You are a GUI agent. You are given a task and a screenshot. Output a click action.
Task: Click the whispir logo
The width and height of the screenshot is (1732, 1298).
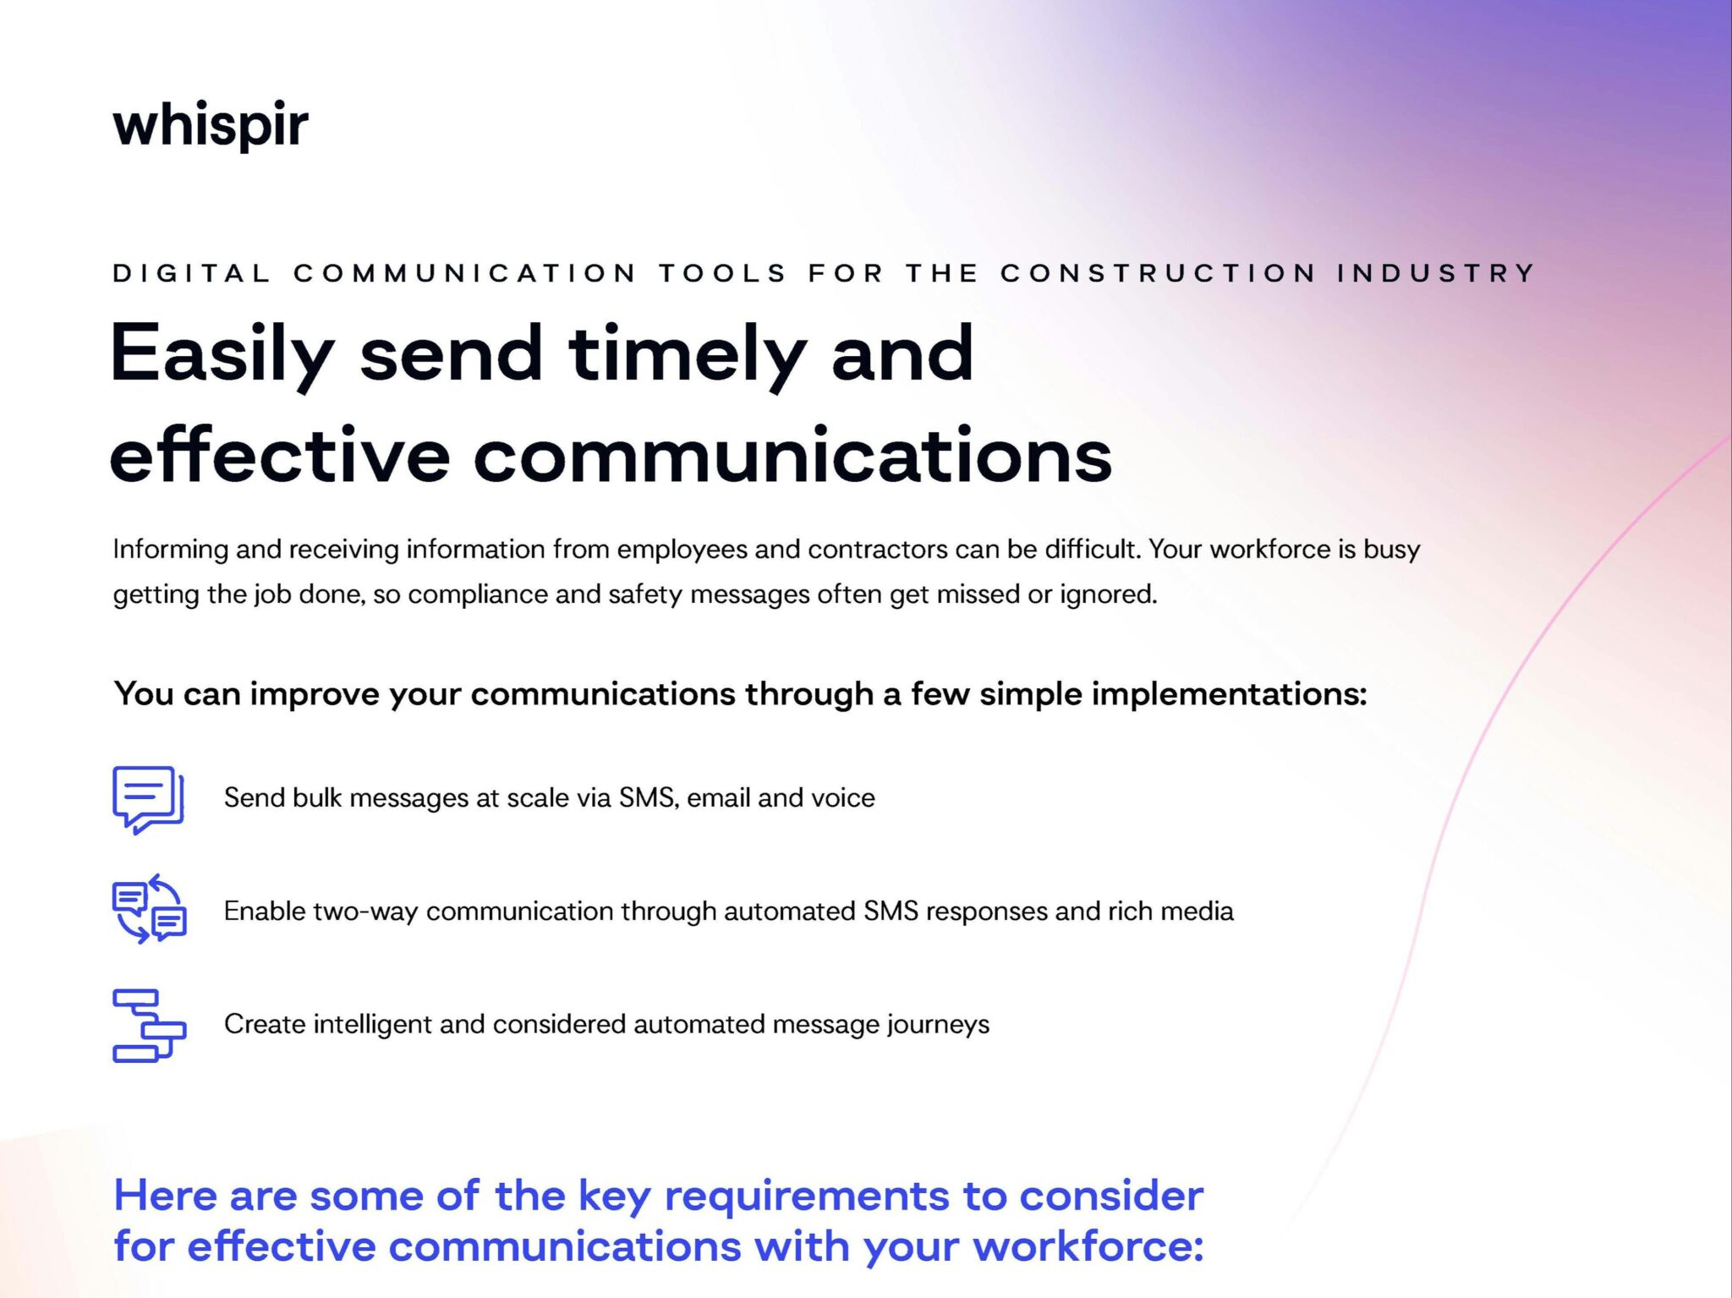coord(210,125)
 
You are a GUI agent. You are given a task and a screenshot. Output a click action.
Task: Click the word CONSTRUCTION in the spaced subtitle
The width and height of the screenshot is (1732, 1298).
coord(1158,273)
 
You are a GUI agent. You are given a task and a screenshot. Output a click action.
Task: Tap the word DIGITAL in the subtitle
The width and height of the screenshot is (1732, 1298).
coord(192,273)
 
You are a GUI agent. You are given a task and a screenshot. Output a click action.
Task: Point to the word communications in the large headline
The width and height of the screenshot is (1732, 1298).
coord(792,457)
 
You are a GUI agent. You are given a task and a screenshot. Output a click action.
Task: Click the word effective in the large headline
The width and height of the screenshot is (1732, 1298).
coord(279,457)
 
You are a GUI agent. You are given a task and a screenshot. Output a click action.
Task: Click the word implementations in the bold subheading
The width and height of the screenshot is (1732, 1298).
coord(1227,694)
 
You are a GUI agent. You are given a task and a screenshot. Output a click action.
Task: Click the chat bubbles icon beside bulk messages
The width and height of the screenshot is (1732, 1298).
coord(148,799)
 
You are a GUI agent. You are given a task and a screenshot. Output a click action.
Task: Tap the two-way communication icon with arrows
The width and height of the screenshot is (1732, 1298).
coord(150,909)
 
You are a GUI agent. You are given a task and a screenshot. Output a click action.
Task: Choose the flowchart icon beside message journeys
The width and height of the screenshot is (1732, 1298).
coord(149,1025)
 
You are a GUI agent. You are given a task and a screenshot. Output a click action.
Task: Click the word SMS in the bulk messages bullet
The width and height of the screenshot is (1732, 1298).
coord(647,797)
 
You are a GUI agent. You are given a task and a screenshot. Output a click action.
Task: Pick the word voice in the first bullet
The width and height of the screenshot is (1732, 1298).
coord(842,797)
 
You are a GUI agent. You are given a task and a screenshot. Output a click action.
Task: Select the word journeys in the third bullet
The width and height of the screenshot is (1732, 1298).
coord(938,1025)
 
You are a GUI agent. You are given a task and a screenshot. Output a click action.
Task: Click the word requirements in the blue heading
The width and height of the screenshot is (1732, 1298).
coord(806,1196)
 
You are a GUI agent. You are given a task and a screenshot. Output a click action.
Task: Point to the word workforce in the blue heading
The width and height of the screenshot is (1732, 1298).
coord(1087,1246)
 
